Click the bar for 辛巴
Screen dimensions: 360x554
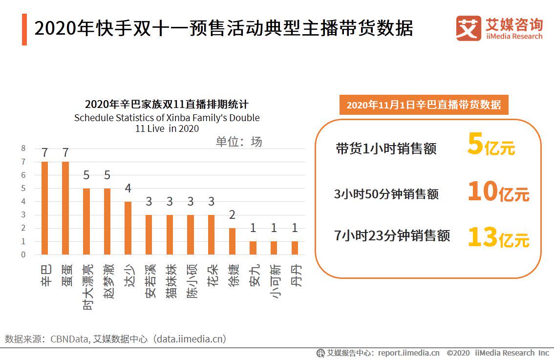pyautogui.click(x=44, y=208)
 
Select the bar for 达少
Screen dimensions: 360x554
pyautogui.click(x=128, y=228)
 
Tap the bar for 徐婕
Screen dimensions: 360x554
pyautogui.click(x=232, y=241)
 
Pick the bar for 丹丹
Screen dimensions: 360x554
pyautogui.click(x=295, y=248)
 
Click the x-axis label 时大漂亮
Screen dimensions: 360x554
pyautogui.click(x=87, y=287)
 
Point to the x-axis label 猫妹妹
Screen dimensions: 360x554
pyautogui.click(x=170, y=281)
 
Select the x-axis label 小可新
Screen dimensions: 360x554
pyautogui.click(x=274, y=281)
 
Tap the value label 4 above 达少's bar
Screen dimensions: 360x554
pyautogui.click(x=128, y=189)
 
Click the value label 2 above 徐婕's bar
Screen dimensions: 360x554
pyautogui.click(x=232, y=215)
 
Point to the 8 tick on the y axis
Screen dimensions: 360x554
pyautogui.click(x=23, y=148)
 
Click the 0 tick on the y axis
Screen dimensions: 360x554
pyautogui.click(x=23, y=254)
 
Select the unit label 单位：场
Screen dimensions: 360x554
pyautogui.click(x=239, y=142)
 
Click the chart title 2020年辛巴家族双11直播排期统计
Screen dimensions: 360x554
pyautogui.click(x=167, y=105)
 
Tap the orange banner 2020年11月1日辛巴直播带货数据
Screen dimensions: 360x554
pyautogui.click(x=424, y=105)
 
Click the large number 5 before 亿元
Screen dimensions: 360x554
pyautogui.click(x=474, y=145)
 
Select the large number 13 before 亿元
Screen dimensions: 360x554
pyautogui.click(x=483, y=237)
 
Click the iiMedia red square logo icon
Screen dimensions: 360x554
pyautogui.click(x=468, y=28)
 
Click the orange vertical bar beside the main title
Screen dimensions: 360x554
pyautogui.click(x=24, y=29)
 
